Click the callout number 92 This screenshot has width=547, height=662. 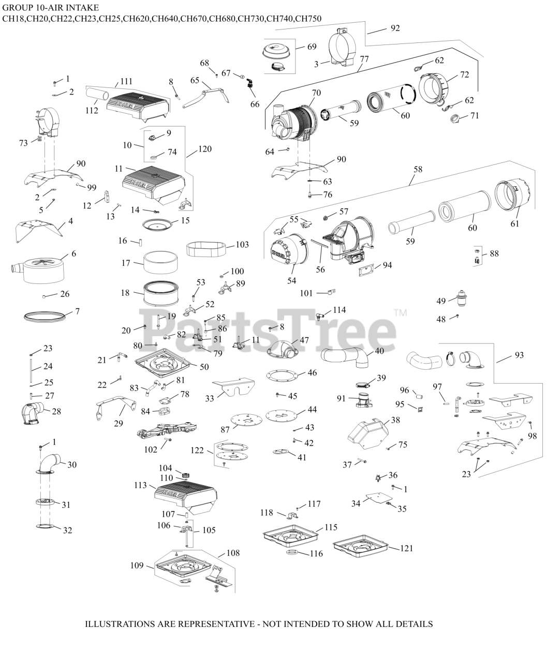click(395, 28)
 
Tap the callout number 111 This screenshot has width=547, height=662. click(126, 81)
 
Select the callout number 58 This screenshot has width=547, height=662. click(417, 169)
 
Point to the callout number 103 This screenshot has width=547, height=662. click(242, 244)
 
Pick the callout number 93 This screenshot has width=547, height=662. click(519, 355)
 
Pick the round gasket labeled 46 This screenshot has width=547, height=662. click(285, 373)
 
